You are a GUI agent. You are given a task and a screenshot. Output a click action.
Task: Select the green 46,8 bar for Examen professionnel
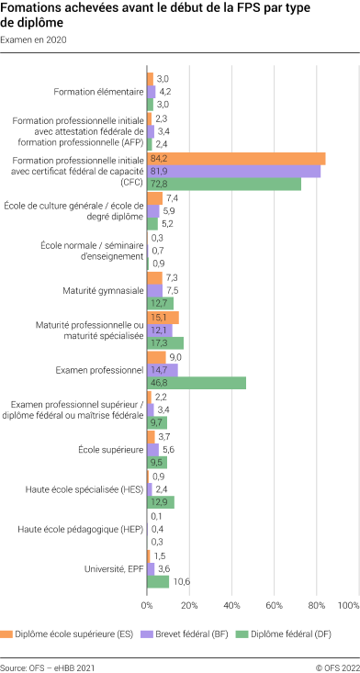[x=197, y=383]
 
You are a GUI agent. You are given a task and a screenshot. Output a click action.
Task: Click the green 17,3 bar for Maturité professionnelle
[x=165, y=342]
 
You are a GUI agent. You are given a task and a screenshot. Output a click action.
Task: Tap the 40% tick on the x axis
[x=231, y=606]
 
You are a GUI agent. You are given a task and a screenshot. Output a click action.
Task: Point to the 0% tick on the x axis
[x=147, y=606]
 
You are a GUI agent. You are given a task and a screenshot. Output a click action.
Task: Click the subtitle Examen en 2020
[x=34, y=40]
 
